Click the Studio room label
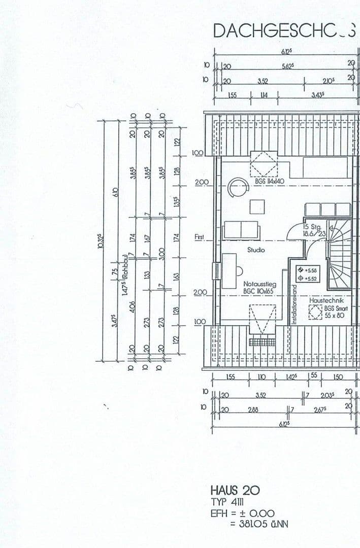(256, 250)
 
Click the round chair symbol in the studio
(237, 188)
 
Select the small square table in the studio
(257, 207)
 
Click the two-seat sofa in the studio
(242, 230)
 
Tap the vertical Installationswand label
(293, 303)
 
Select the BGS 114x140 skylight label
(270, 181)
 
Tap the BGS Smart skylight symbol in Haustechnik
(315, 312)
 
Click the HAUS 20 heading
(235, 490)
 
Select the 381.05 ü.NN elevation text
(259, 524)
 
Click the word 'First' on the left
(199, 237)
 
